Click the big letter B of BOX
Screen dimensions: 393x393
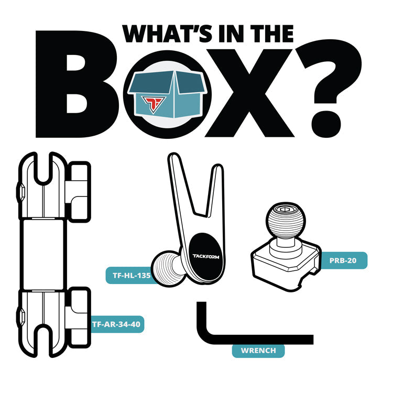click(77, 84)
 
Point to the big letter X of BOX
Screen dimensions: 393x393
click(249, 93)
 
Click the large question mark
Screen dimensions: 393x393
click(329, 88)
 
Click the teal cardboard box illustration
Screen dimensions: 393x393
click(168, 94)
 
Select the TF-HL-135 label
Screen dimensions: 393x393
click(132, 276)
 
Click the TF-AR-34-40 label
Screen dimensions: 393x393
click(116, 324)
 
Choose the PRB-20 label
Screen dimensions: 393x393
click(343, 260)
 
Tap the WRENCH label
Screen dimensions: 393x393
click(258, 351)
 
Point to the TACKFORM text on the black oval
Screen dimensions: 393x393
click(206, 256)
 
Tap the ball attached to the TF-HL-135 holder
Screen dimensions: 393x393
click(166, 268)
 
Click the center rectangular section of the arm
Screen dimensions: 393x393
click(43, 254)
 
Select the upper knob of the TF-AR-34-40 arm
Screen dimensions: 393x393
click(78, 192)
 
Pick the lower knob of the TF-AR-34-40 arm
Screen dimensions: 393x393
click(78, 318)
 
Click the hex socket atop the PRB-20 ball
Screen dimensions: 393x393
click(284, 209)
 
